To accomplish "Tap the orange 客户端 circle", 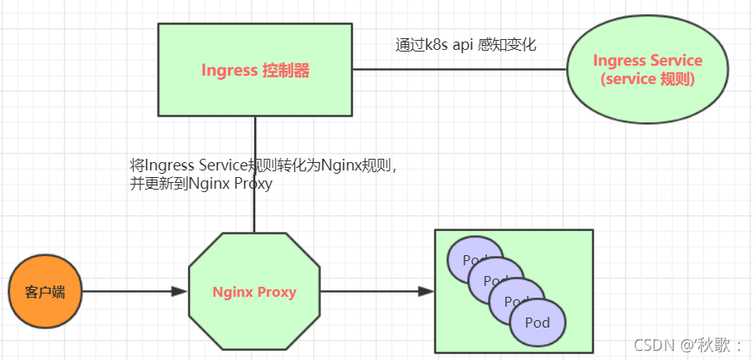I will point(45,292).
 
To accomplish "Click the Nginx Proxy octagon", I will point(254,292).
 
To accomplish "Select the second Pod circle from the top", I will point(490,274).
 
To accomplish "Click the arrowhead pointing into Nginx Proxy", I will point(179,292).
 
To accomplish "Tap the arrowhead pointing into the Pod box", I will point(426,292).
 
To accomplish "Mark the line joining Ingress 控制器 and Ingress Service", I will point(457,70).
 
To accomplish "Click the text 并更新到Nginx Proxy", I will point(201,185).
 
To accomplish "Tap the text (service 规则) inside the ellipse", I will point(647,80).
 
